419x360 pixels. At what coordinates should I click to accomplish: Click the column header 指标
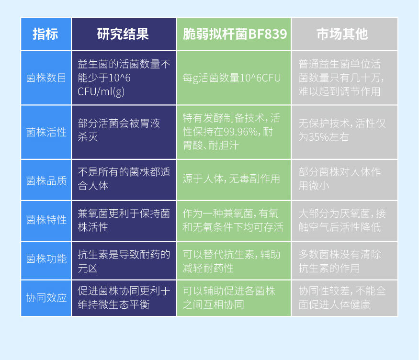pos(45,34)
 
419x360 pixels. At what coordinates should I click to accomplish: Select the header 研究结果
pos(123,34)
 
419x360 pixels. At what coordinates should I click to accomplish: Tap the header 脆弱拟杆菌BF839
pos(235,34)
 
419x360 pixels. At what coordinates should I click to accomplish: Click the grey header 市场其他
pos(342,34)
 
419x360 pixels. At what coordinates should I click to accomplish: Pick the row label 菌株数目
pos(46,78)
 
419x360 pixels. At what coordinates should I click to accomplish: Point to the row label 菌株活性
pos(46,132)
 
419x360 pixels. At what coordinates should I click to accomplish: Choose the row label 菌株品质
pos(46,181)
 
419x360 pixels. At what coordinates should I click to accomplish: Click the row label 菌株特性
pos(46,220)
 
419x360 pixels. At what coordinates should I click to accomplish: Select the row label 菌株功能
pos(46,259)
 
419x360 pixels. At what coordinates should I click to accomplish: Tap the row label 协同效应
pos(46,298)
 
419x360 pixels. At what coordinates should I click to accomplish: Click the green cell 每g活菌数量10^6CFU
pos(231,78)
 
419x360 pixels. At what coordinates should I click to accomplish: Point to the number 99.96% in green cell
pos(240,132)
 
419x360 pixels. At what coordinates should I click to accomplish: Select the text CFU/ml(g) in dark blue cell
pos(101,92)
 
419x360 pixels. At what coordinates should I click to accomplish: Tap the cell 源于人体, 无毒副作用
pos(231,179)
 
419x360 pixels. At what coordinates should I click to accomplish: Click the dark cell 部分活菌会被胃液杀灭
pos(119,130)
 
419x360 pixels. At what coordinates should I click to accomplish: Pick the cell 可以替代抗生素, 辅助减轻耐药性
pos(231,261)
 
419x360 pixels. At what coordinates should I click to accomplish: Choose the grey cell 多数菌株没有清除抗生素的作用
pos(340,261)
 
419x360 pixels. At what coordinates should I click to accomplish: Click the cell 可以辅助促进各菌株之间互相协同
pos(229,297)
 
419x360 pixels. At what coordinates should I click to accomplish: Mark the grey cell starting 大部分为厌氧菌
pos(342,220)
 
